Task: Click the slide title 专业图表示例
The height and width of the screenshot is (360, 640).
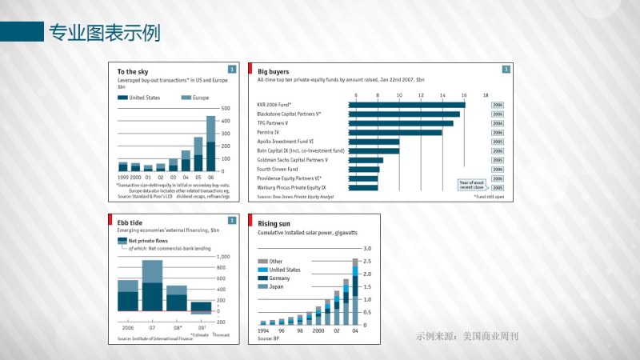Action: [104, 32]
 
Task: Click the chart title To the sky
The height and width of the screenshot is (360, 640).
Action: [133, 72]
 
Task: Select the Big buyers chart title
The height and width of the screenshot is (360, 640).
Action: [274, 72]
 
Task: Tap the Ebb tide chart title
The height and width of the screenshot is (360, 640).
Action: [130, 222]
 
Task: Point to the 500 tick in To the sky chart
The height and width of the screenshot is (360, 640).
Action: [226, 108]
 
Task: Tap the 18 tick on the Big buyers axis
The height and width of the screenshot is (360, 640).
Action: [486, 95]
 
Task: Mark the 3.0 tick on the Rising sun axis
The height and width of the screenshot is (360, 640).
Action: [368, 249]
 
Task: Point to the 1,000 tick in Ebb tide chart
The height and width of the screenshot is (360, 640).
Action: [224, 257]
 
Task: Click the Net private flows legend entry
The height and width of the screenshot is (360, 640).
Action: [147, 241]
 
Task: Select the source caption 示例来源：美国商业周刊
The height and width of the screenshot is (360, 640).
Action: [467, 336]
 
